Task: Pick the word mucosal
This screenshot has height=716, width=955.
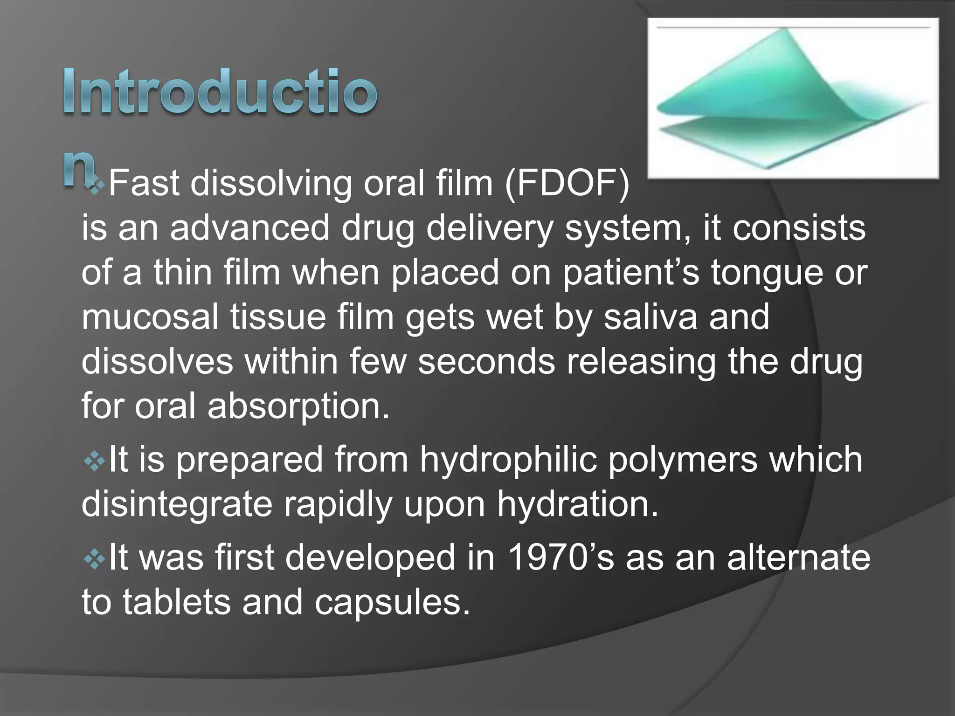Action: pos(150,317)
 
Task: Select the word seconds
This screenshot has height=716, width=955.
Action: pos(486,362)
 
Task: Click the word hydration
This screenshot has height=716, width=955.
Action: pos(577,504)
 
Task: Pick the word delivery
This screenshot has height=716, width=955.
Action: pos(490,228)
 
